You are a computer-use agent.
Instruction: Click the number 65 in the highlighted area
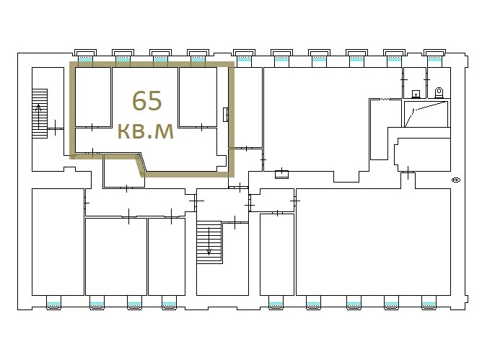pos(147,100)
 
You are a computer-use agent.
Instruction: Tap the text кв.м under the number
pos(146,131)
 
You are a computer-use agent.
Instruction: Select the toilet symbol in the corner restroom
pos(439,92)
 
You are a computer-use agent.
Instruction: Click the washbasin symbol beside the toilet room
pos(416,94)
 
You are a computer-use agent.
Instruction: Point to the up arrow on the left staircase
pos(38,117)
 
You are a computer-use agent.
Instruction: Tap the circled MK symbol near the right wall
pos(455,180)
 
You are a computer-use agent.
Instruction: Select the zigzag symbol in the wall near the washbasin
pos(385,99)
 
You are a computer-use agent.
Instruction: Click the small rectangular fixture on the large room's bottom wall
pos(281,175)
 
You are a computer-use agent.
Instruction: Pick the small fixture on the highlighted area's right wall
pos(226,115)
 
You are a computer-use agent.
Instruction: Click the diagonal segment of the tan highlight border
pos(140,165)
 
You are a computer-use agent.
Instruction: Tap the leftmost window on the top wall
pos(85,56)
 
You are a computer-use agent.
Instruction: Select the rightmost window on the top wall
pos(434,56)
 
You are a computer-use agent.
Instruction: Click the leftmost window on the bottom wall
pos(54,302)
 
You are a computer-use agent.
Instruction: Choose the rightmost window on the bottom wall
pos(429,302)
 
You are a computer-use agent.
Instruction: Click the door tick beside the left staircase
pos(56,128)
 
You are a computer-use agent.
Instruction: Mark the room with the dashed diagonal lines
pos(426,114)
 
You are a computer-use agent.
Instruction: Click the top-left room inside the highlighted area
pos(93,97)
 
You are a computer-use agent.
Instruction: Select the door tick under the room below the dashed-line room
pos(408,172)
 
